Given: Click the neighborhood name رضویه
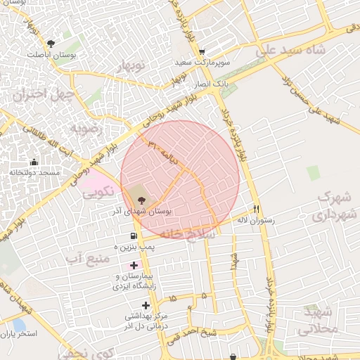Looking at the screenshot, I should [86, 129].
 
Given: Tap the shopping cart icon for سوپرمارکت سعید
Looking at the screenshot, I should [202, 51].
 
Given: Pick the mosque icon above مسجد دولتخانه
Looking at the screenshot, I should [34, 162].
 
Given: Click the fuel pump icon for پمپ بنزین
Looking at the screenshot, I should [133, 236].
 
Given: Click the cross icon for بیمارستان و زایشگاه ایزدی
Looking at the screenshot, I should [134, 266].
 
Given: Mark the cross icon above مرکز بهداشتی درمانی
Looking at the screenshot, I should [146, 304].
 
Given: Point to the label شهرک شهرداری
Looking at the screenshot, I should [333, 205].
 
